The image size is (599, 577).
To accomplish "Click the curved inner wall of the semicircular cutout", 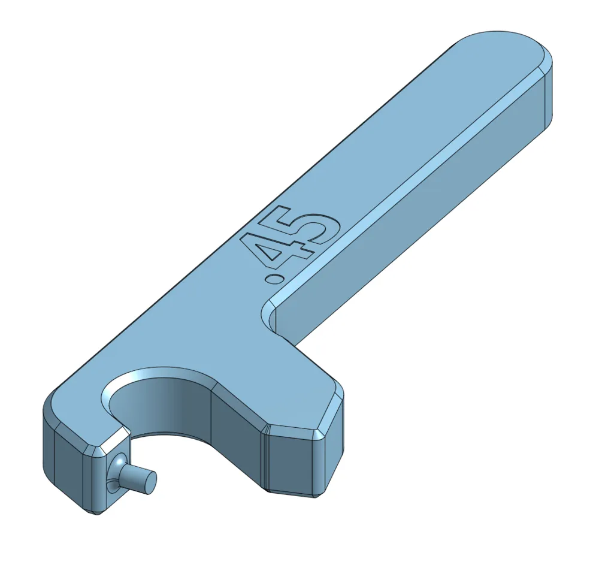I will pos(174,407).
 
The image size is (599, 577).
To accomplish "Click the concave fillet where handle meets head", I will pos(268,315).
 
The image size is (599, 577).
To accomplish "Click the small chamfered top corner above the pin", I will pos(114,440).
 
